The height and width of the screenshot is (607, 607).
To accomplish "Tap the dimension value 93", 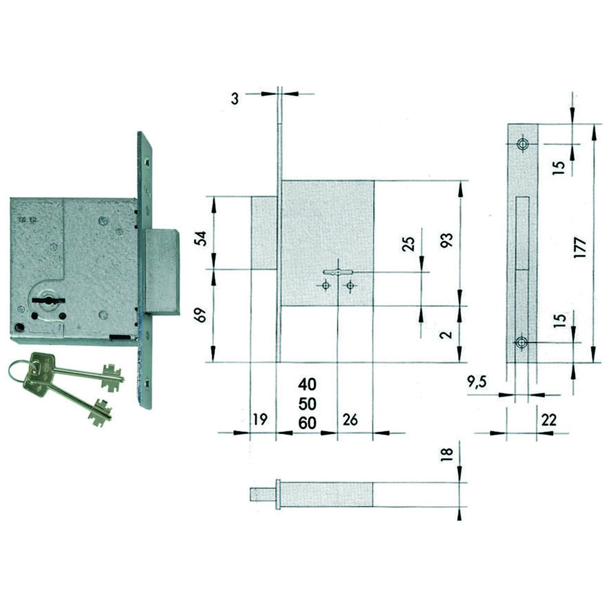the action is pyautogui.click(x=447, y=240).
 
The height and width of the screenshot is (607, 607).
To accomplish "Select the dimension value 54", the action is pyautogui.click(x=200, y=238).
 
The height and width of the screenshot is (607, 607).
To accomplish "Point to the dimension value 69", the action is pyautogui.click(x=200, y=314).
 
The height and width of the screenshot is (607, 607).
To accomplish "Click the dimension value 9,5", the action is pyautogui.click(x=477, y=382).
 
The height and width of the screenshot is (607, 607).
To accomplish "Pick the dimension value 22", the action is pyautogui.click(x=549, y=420).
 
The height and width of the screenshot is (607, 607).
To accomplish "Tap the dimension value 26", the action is pyautogui.click(x=350, y=420).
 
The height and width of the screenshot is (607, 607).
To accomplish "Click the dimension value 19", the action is pyautogui.click(x=260, y=420).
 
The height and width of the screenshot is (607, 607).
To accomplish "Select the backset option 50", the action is pyautogui.click(x=307, y=404).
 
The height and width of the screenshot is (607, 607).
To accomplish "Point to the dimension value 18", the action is pyautogui.click(x=447, y=454).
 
